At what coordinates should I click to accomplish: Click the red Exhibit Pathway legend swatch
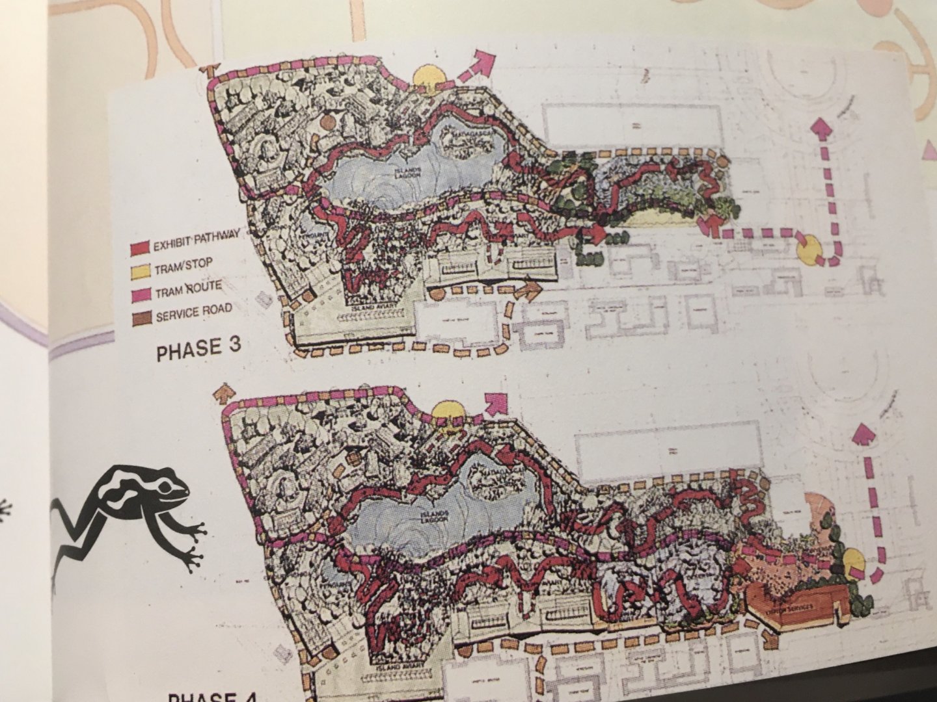[x=141, y=247]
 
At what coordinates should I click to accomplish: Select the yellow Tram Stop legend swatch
[x=143, y=270]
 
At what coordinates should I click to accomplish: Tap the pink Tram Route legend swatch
[x=144, y=294]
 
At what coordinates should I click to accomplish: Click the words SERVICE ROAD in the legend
[x=194, y=311]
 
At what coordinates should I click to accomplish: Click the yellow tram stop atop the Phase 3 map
[x=428, y=78]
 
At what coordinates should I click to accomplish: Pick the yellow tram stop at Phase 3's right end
[x=808, y=251]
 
